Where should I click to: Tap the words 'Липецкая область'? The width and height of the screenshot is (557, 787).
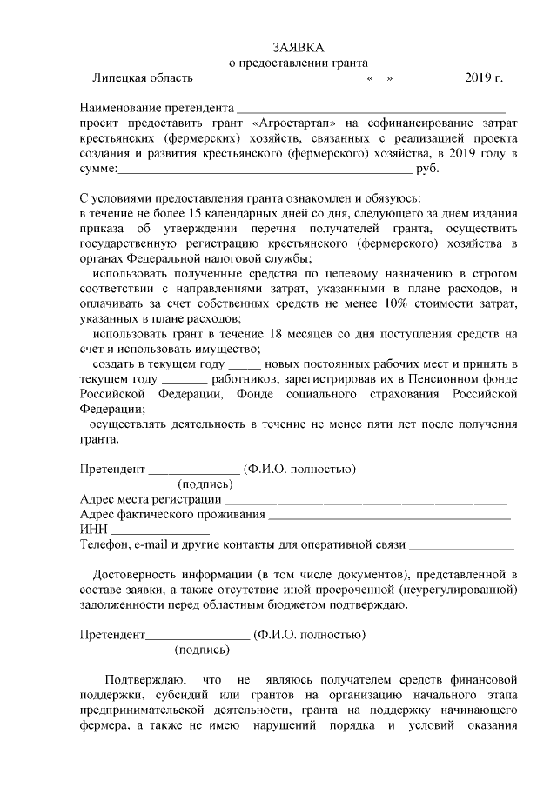142,77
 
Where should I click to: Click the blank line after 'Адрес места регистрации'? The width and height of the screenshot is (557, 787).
365,501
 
